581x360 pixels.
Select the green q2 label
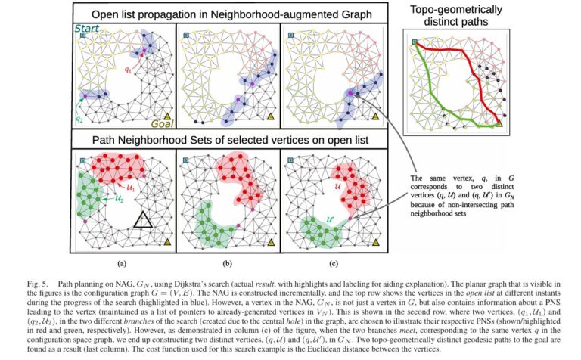[79, 119]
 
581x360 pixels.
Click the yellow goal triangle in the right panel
[500, 123]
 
